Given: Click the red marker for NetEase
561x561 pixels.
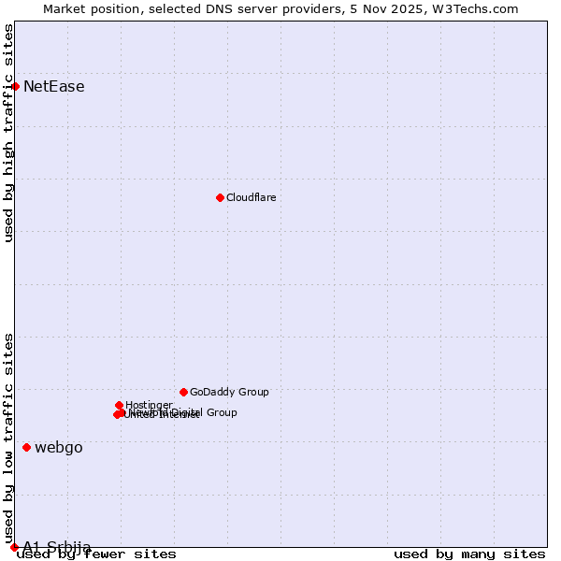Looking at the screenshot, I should [x=15, y=86].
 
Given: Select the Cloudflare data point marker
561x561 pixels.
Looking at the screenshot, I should [x=220, y=197].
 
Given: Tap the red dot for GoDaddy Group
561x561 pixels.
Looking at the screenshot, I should [x=183, y=392].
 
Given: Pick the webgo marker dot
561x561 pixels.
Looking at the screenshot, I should [x=26, y=447].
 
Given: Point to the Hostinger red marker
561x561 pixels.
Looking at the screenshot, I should [x=119, y=405].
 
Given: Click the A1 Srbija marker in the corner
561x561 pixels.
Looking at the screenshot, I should [x=14, y=547].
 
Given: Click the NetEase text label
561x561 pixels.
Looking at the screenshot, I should [x=54, y=87].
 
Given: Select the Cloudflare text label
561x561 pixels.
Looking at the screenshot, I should [x=252, y=197].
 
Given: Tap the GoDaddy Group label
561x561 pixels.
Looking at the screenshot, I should [x=229, y=393].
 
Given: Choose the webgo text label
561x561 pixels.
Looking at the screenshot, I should [x=59, y=447].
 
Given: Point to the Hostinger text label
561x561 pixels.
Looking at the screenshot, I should [x=149, y=406].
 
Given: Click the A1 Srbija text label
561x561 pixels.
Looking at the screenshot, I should [x=57, y=547].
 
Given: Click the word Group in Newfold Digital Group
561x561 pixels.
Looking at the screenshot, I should [x=221, y=412].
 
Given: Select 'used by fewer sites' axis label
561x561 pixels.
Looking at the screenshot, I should [x=96, y=554].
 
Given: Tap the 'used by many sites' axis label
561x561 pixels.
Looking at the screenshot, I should [x=469, y=554].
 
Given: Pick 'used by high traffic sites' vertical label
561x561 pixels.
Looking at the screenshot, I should [x=9, y=133].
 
